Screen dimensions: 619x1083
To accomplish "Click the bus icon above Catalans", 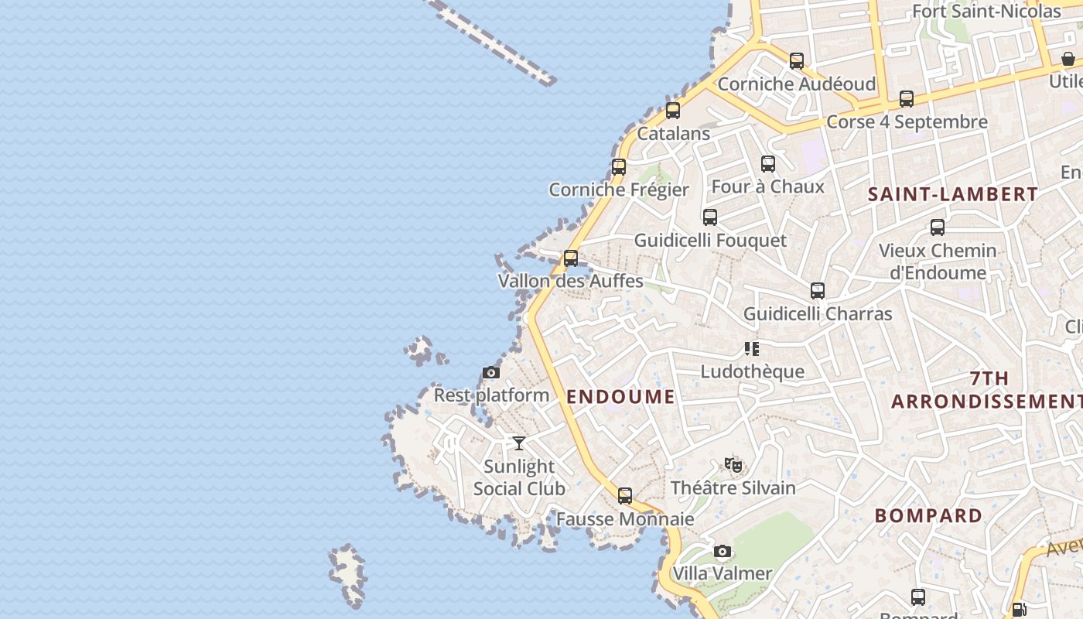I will pos(673,111).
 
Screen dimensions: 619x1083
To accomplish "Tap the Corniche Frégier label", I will pos(619,190).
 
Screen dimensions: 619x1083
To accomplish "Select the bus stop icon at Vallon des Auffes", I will pos(571,258).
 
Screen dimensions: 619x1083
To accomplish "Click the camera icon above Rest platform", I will pos(491,373).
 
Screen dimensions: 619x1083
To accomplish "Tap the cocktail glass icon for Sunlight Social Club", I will pos(519,443).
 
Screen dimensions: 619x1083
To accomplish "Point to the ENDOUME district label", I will pos(620,397).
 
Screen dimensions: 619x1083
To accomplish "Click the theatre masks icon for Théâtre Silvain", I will pos(733,465).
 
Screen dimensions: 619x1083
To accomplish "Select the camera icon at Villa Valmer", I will pos(723,552).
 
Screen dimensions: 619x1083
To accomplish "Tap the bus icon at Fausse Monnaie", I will pos(625,496).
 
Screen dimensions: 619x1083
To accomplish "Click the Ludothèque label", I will pos(752,371).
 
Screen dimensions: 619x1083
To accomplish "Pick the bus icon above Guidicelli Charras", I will pos(818,291).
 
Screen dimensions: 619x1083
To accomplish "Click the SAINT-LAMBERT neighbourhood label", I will pos(953,194).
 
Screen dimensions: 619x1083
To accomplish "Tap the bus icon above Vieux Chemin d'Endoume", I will pos(938,227).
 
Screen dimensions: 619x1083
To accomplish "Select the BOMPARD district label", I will pos(928,515).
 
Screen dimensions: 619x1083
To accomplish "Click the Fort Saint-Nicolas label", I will pos(986,11).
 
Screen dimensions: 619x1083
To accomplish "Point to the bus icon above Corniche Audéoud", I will pos(797,60).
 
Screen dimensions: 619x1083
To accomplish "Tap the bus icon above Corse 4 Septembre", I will pos(907,99).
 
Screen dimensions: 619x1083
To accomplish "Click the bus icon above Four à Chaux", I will pos(768,164).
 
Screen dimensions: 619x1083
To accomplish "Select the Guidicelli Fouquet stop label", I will pos(710,241).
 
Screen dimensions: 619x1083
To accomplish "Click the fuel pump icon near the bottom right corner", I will pos(1020,610).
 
